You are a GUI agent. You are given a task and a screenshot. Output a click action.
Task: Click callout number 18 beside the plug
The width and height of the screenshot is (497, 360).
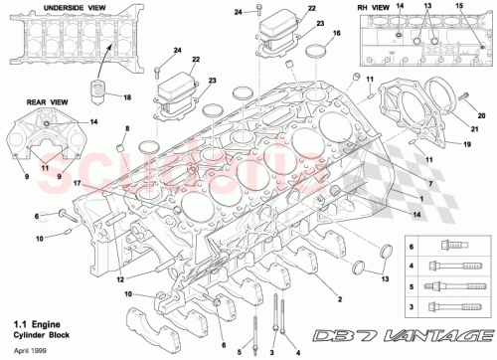click(126, 96)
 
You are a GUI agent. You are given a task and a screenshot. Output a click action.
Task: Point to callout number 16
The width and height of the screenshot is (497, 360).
click(337, 33)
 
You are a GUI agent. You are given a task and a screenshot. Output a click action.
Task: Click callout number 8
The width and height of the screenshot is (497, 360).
click(126, 130)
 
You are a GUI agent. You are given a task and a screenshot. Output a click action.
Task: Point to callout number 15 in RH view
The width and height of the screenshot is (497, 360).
click(458, 7)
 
